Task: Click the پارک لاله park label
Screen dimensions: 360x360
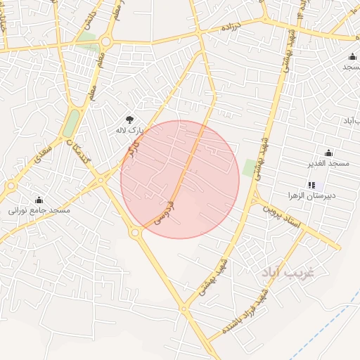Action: (129, 130)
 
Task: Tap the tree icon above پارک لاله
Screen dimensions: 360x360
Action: (129, 120)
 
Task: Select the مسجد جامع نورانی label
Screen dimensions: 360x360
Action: (39, 210)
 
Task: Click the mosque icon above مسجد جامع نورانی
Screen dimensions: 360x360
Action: (39, 200)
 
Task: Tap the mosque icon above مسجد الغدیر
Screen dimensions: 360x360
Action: (328, 153)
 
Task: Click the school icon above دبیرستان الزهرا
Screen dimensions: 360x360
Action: (311, 185)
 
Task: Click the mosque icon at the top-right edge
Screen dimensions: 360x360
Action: (352, 56)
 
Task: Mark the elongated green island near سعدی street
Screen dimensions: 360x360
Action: (71, 122)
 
